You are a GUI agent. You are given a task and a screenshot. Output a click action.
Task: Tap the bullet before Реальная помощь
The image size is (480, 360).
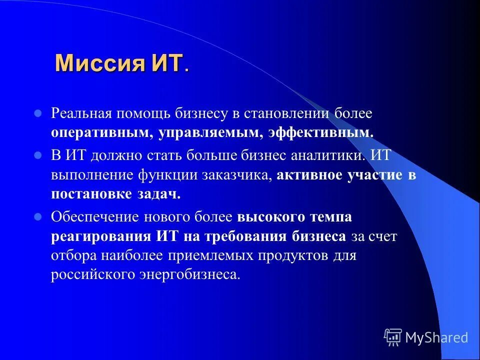37,113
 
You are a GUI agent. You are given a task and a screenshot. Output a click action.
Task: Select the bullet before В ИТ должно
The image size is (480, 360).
37,155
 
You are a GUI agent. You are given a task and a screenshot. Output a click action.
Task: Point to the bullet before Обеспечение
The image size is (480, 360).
37,217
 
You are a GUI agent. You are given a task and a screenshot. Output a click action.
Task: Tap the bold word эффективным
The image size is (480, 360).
320,133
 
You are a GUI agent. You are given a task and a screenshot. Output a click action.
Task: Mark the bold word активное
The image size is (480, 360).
308,175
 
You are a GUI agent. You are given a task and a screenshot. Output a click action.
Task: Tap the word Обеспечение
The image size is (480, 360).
95,217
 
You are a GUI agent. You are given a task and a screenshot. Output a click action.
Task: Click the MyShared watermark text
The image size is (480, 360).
436,337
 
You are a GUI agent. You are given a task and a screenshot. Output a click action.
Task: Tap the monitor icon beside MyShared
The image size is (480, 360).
393,337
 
